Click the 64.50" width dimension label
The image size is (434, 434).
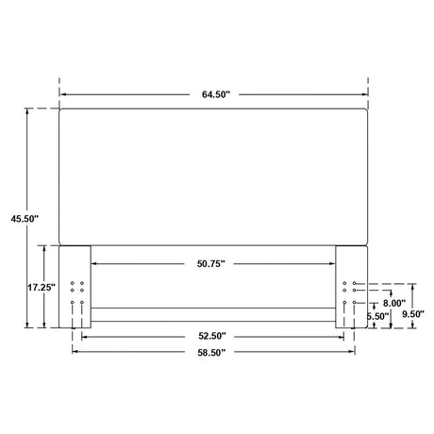point(216,94)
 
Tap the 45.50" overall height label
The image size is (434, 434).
point(25,219)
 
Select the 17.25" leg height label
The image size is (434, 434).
point(42,287)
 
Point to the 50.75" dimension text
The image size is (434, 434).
point(211,263)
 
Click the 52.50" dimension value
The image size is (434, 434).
point(212,336)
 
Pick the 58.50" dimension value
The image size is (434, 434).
point(211,353)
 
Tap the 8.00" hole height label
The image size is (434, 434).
point(394,303)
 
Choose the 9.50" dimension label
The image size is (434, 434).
point(413,314)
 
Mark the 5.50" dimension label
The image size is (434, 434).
point(377,316)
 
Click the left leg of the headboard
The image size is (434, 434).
point(75,287)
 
